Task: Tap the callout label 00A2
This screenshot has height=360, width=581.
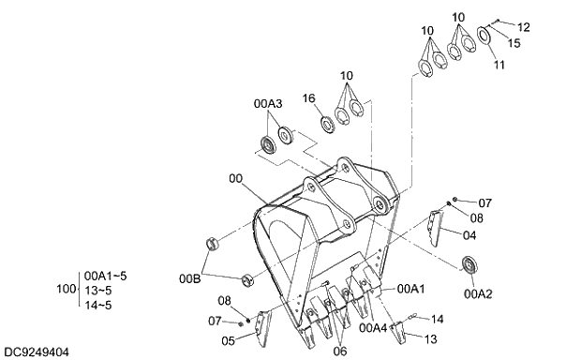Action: (477, 293)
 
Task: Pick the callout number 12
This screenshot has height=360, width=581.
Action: (523, 27)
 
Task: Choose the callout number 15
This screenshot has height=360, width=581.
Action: (514, 43)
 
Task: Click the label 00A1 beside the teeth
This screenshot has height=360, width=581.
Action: (411, 290)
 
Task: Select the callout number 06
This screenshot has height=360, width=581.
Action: (339, 352)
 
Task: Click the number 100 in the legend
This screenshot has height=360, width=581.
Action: (65, 291)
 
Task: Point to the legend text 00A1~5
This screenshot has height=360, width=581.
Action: (105, 277)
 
